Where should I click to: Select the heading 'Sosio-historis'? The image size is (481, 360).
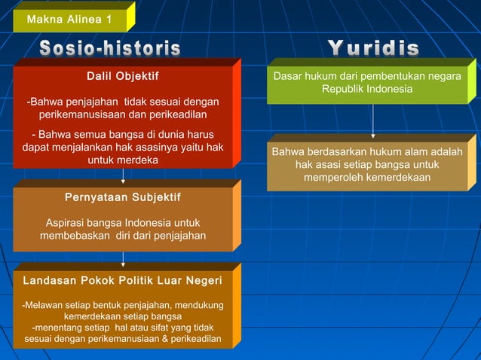tap(110, 49)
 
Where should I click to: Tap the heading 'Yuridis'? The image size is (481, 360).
tap(373, 49)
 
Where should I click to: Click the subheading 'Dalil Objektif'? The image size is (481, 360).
tap(123, 75)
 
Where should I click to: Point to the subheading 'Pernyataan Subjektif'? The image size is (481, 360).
tap(123, 197)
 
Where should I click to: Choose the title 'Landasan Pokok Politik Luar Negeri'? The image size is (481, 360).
tap(123, 280)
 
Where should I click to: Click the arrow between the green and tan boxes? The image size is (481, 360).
tap(373, 121)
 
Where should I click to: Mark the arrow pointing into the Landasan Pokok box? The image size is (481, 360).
tap(124, 260)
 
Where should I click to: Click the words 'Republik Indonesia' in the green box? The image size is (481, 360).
tap(367, 90)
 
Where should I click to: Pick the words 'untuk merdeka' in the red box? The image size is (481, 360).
tap(123, 160)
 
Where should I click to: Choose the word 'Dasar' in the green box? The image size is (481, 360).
tap(287, 76)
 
